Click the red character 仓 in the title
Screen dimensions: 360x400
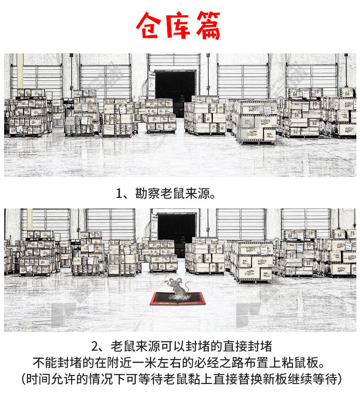149,26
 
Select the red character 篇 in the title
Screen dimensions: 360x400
208,26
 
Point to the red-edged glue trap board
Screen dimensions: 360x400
177,298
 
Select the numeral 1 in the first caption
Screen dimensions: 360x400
119,194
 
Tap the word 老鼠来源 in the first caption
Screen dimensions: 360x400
185,193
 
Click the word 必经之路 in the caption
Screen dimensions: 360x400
219,363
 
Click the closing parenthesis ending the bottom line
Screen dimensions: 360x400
339,379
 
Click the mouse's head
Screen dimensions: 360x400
175,282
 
